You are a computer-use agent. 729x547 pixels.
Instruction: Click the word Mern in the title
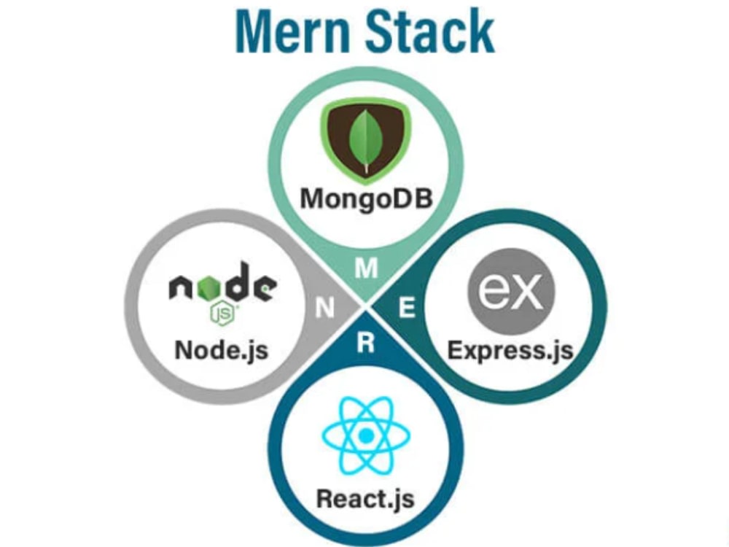point(293,31)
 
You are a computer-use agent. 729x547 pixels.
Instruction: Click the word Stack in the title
point(431,31)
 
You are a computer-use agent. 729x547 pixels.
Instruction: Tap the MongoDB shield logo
point(366,139)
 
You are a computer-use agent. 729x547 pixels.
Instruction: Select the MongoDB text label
point(367,198)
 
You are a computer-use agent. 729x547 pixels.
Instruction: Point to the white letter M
point(367,268)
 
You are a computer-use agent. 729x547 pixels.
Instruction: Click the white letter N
point(324,308)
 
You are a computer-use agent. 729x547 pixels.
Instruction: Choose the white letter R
point(365,344)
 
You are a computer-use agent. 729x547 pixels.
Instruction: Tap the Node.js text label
point(222,350)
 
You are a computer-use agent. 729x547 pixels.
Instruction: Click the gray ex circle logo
point(511,291)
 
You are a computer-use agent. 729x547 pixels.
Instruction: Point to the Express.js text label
point(510,350)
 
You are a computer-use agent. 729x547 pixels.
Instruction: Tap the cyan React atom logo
point(366,436)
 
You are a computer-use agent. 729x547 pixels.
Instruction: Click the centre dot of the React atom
point(366,436)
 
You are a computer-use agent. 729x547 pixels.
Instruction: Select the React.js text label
point(365,499)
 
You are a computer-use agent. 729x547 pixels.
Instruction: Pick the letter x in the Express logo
point(526,292)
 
